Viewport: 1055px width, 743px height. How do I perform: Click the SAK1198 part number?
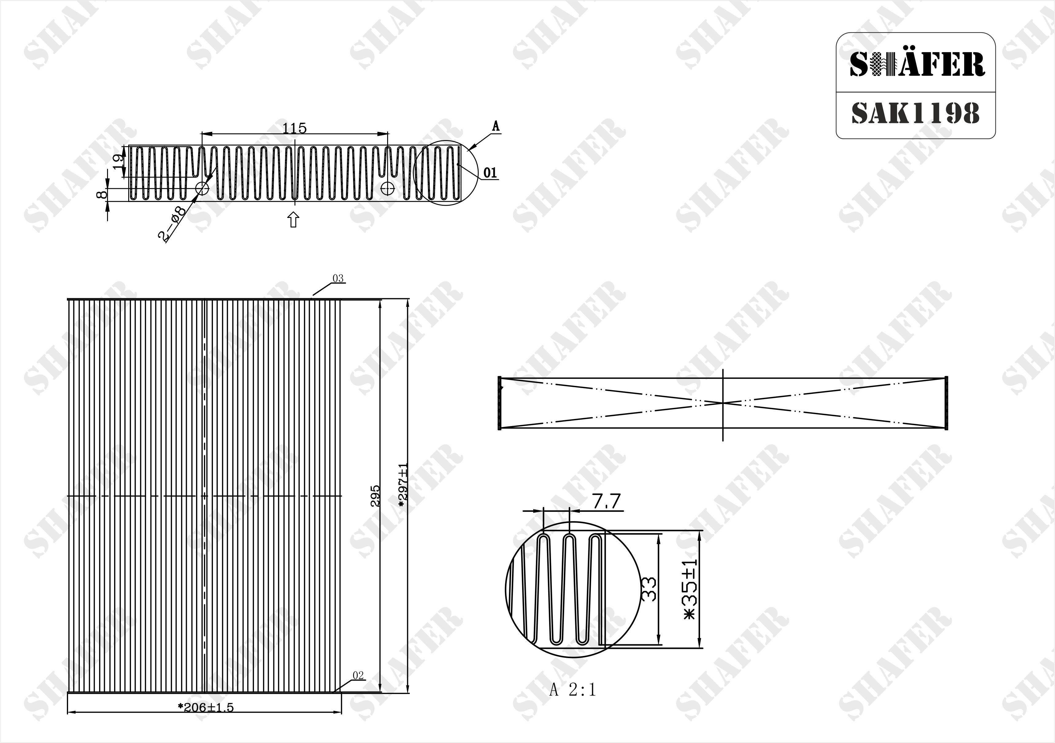[915, 113]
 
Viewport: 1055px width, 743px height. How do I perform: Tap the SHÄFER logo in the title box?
[917, 64]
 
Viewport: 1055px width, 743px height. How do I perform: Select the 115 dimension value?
[294, 128]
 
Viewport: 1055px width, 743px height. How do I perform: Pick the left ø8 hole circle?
[202, 188]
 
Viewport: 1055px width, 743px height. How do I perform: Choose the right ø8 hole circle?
[388, 188]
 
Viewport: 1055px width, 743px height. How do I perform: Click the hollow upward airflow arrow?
[293, 219]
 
